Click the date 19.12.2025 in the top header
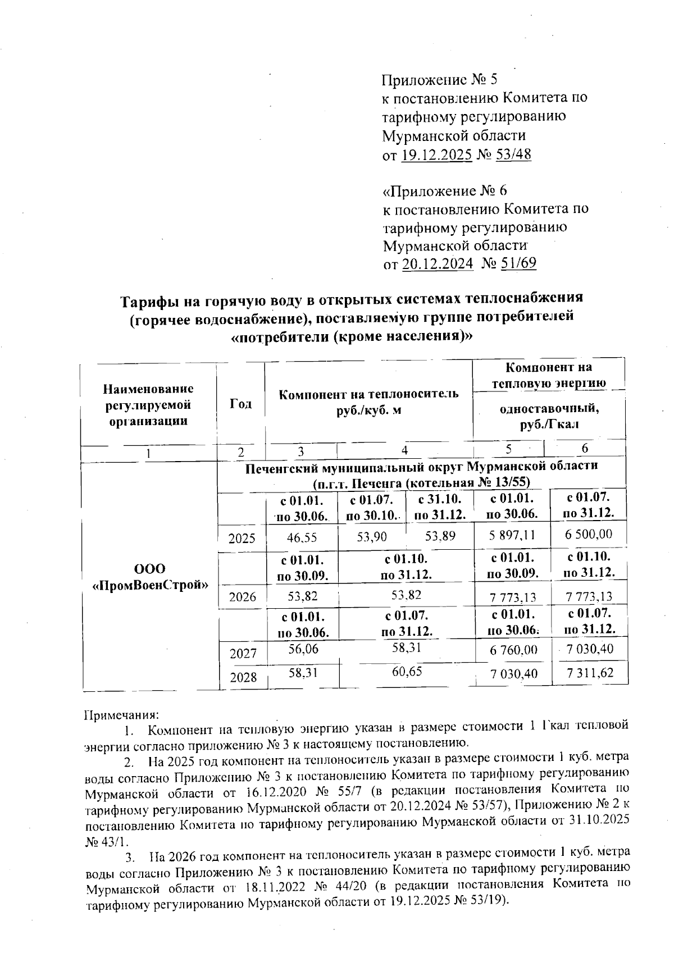[436, 154]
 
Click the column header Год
[240, 404]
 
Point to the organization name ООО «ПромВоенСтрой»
[149, 576]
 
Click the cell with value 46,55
[302, 537]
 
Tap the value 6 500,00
[588, 534]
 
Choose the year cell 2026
[242, 596]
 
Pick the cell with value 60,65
[407, 672]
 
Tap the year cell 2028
[242, 677]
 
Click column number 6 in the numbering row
[585, 448]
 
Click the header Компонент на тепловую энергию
[549, 375]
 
